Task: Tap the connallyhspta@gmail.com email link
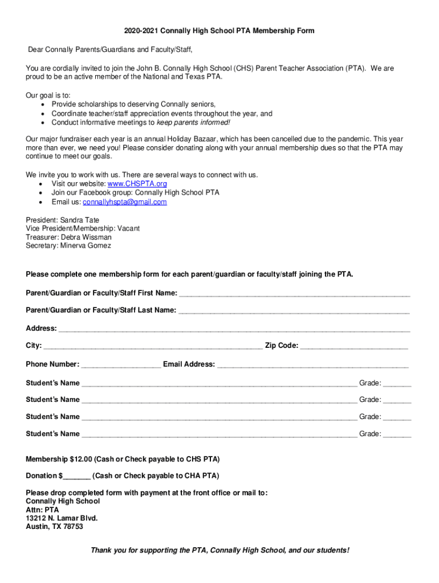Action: [124, 202]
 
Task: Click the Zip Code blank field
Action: [353, 346]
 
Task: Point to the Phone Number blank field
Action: [121, 364]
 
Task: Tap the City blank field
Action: [153, 346]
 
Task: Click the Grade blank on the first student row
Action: [397, 383]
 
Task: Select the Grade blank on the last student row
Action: [397, 434]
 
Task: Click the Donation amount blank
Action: [77, 476]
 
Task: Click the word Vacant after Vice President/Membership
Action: [128, 228]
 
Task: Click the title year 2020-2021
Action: [141, 30]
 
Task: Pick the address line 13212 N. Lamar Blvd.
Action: [62, 518]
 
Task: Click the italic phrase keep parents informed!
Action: [193, 122]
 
